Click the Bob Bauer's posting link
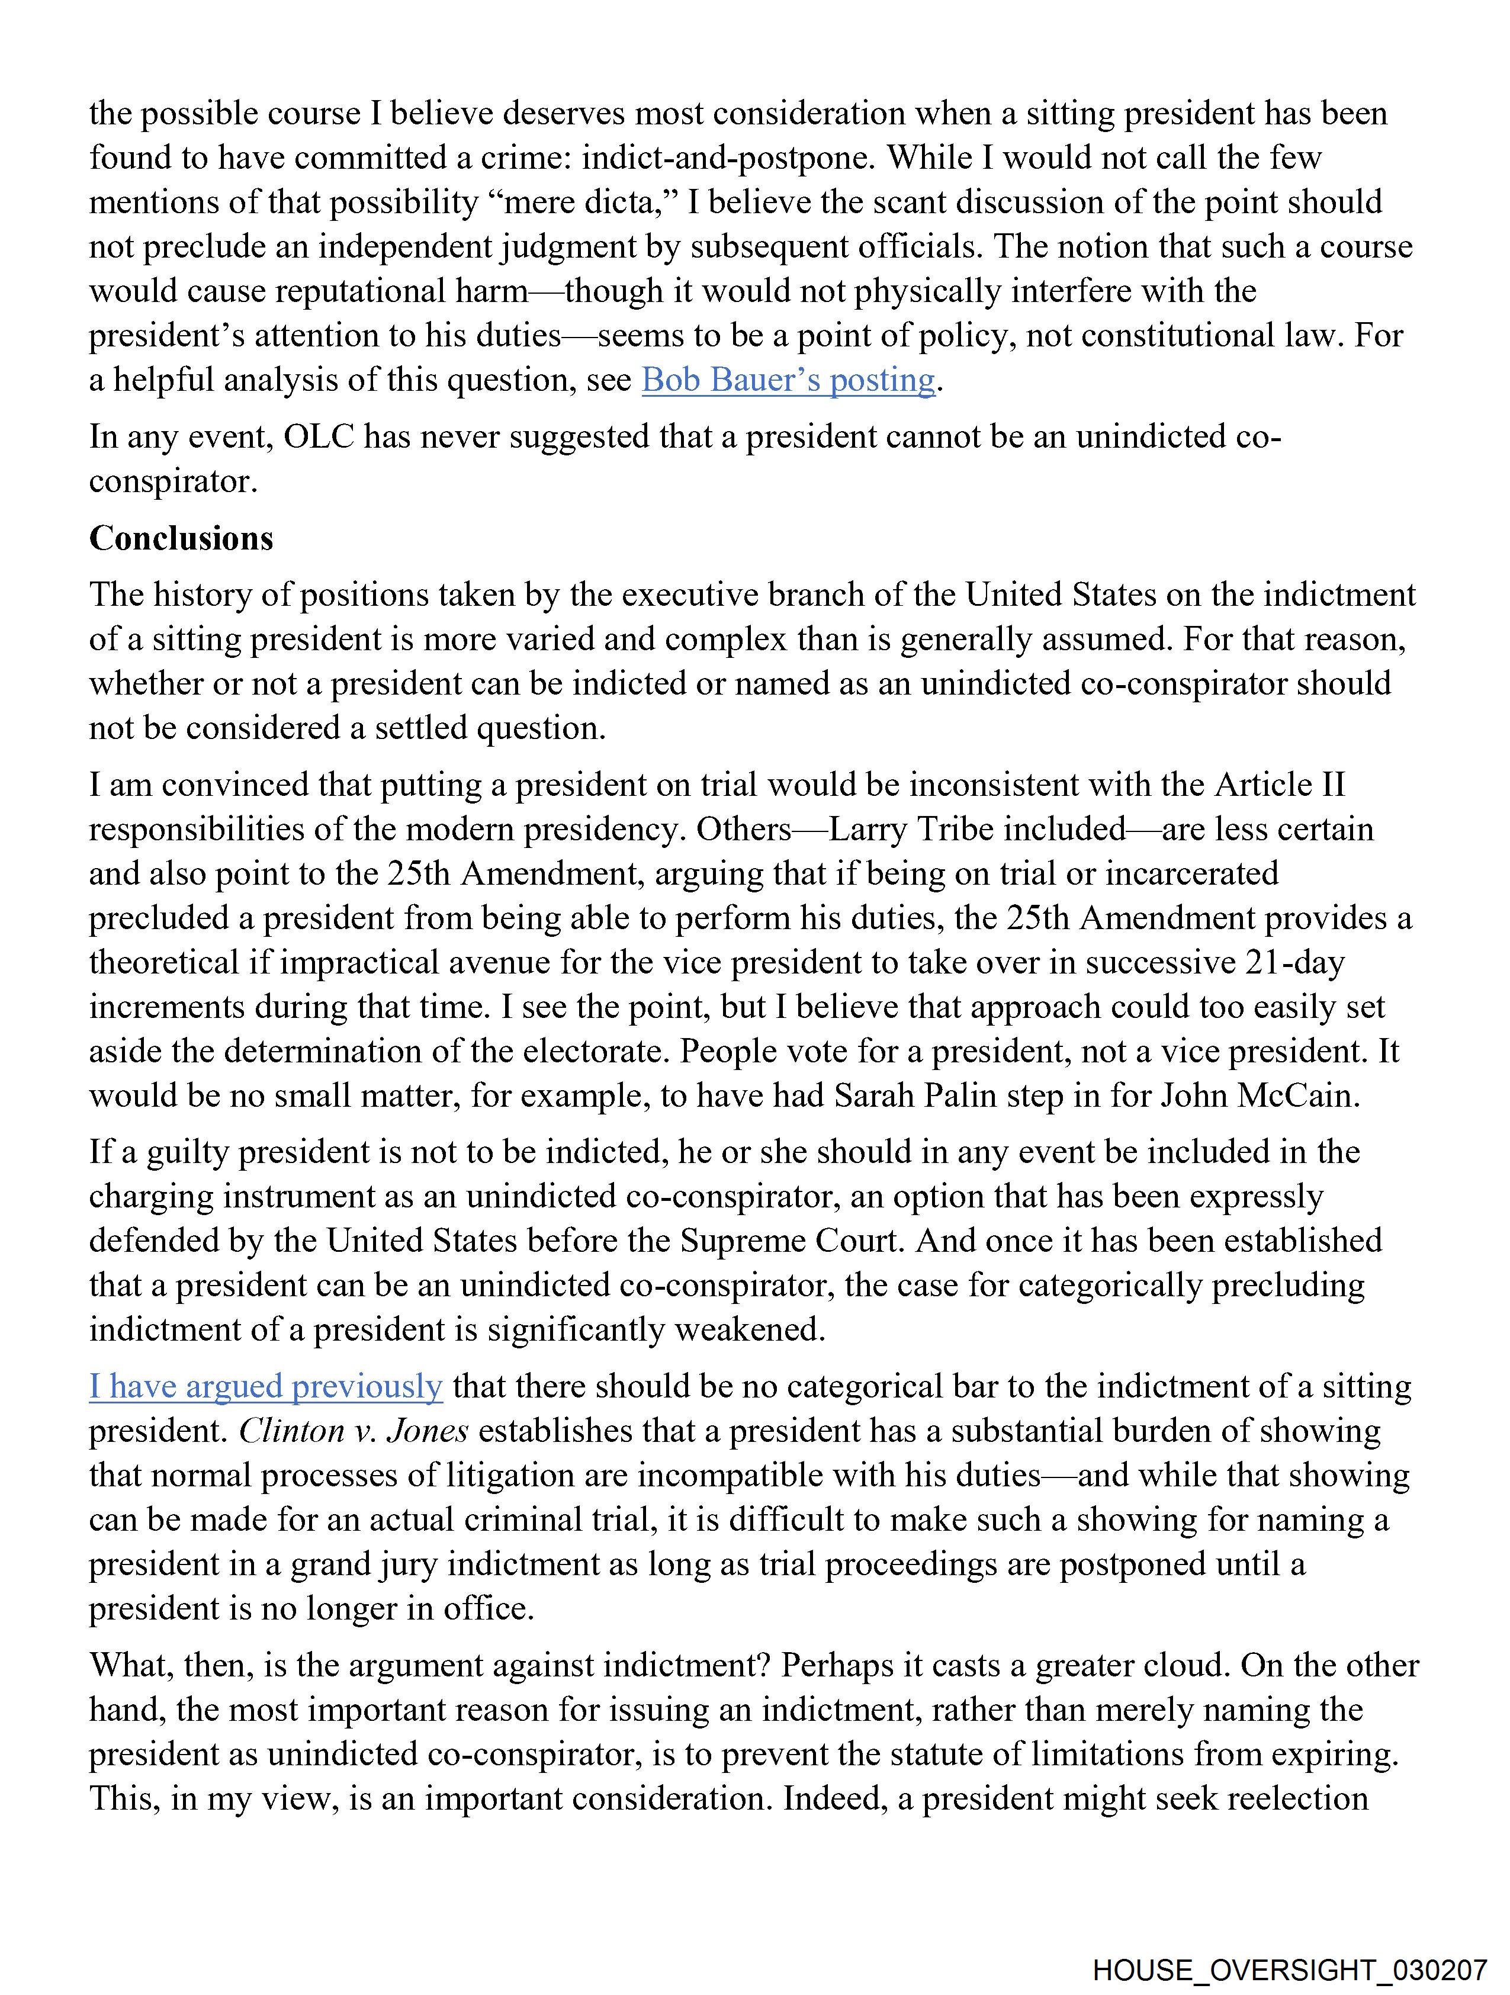coord(788,380)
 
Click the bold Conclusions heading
coord(181,538)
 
